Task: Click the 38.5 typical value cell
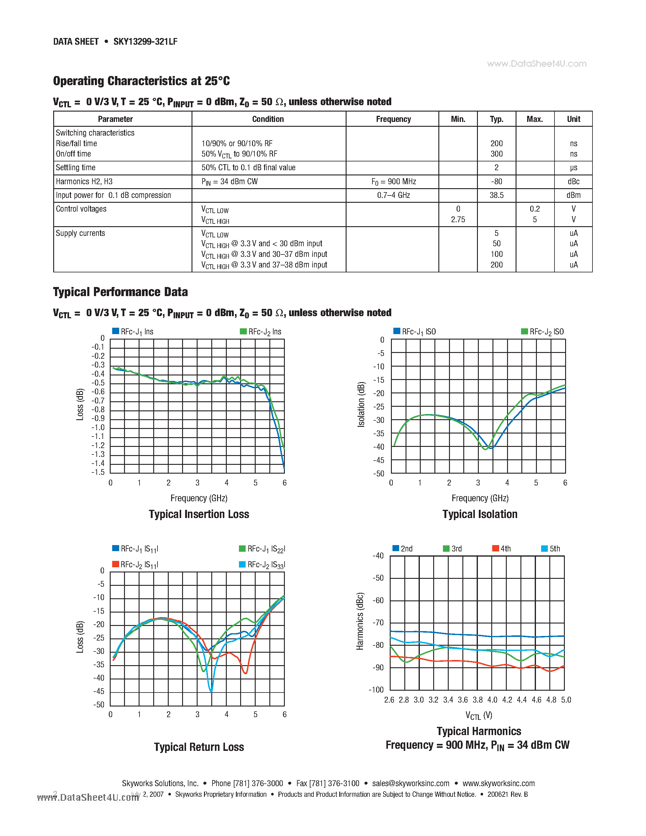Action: (x=496, y=195)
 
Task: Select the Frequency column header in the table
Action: (x=393, y=119)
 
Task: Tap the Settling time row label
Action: (x=75, y=168)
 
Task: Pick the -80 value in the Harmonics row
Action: (x=496, y=181)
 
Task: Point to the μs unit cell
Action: (x=573, y=168)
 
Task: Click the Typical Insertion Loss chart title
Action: (x=199, y=514)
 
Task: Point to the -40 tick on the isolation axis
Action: (x=378, y=447)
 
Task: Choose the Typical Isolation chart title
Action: (x=479, y=514)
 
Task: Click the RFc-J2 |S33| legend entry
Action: (x=262, y=565)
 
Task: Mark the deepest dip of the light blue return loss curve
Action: (x=211, y=691)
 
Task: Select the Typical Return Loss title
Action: (x=199, y=747)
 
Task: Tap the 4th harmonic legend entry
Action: (x=502, y=548)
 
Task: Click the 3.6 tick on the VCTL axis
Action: (x=463, y=700)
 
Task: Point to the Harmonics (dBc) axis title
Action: (x=360, y=621)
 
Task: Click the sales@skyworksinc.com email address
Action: (x=411, y=783)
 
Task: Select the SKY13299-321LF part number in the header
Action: (x=145, y=42)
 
